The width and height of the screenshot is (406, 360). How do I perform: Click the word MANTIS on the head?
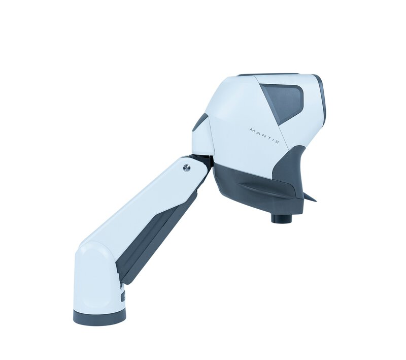[264, 136]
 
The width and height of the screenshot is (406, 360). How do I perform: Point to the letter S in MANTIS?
[277, 141]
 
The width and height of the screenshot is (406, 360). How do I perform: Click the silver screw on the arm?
[186, 168]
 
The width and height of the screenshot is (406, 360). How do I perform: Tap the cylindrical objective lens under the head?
[282, 217]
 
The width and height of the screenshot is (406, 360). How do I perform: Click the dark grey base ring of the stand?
[99, 318]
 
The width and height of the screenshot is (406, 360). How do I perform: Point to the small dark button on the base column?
[123, 296]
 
